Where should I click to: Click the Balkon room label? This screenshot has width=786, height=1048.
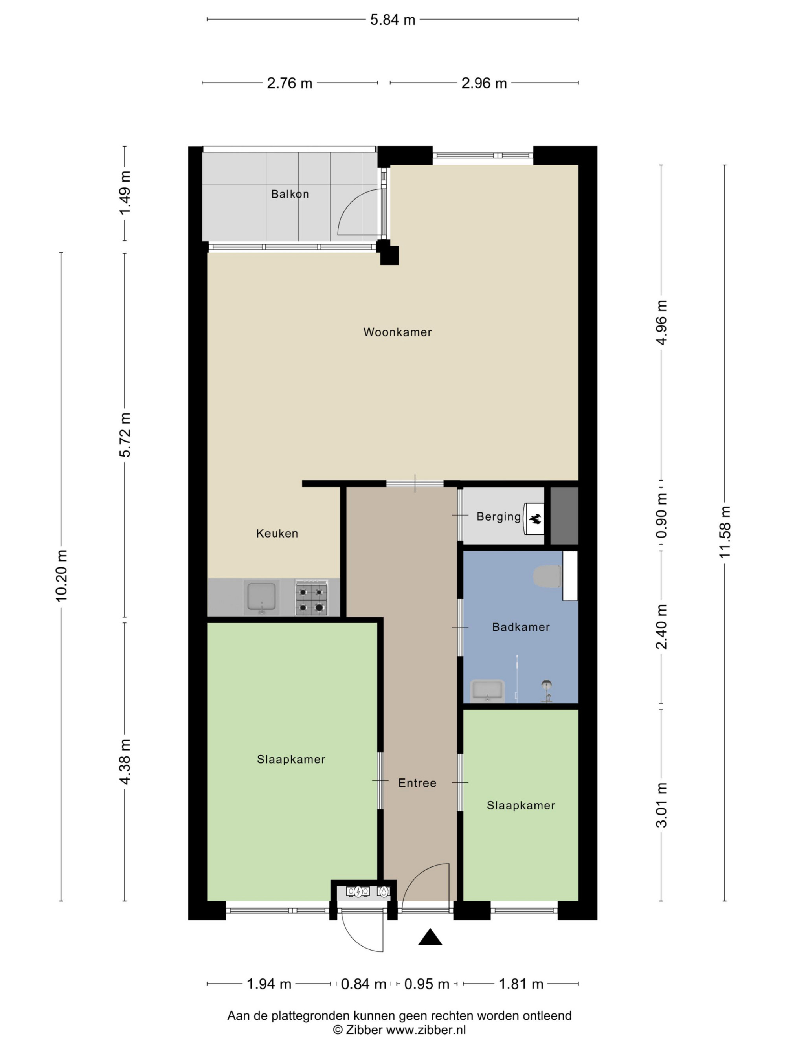(x=290, y=194)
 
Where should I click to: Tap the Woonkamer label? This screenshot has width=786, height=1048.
(x=397, y=332)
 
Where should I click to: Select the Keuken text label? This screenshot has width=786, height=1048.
(x=277, y=534)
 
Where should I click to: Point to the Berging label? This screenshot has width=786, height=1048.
(x=498, y=516)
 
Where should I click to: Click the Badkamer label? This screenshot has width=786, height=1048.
(x=521, y=627)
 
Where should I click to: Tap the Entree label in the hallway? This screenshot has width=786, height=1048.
(x=417, y=783)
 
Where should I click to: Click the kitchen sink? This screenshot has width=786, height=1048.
(x=261, y=597)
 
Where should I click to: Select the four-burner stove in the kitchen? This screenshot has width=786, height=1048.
(x=311, y=597)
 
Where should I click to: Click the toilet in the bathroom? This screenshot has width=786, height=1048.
(x=547, y=576)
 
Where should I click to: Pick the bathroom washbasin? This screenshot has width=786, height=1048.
(x=487, y=691)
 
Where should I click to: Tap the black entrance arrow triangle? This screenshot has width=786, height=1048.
(x=430, y=937)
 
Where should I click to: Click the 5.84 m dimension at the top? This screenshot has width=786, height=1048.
(x=392, y=20)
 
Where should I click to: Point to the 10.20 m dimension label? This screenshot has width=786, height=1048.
(x=62, y=576)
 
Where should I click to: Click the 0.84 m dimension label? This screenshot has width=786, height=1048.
(x=364, y=984)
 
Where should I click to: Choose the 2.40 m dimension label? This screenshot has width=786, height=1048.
(x=661, y=626)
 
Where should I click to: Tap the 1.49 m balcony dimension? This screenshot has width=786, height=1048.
(x=125, y=193)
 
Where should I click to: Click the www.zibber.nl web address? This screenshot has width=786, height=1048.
(x=426, y=1030)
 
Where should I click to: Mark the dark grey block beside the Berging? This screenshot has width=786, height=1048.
(x=564, y=516)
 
